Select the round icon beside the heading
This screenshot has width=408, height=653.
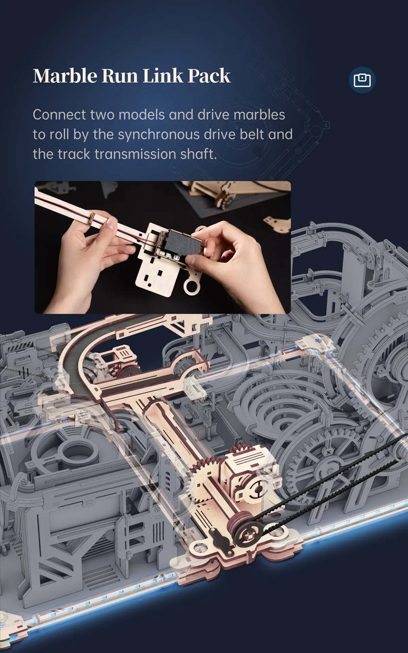tap(362, 80)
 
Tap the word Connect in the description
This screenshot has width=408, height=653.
tap(60, 115)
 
